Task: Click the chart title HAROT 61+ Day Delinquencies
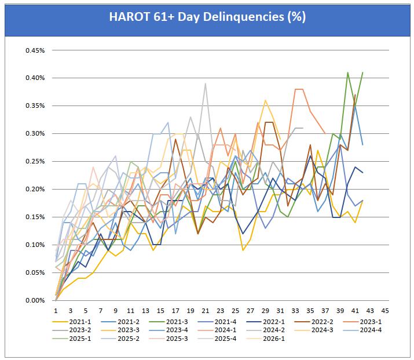[x=207, y=17]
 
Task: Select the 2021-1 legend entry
[x=72, y=322]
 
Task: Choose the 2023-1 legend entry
[x=362, y=322]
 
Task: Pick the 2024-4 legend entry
[x=362, y=330]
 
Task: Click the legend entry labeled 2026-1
[x=265, y=339]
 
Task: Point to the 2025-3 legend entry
[x=168, y=339]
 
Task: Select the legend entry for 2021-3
[x=168, y=322]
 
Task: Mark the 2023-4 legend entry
[x=168, y=330]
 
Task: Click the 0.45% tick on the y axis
[x=35, y=50]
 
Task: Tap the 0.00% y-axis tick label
[x=35, y=300]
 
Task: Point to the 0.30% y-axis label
[x=35, y=133]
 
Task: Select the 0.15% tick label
[x=35, y=217]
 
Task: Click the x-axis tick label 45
[x=385, y=311]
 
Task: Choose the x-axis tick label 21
[x=205, y=311]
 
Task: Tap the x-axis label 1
[x=56, y=311]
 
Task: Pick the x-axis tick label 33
[x=295, y=311]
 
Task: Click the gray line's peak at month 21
[x=205, y=83]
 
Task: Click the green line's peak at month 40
[x=348, y=72]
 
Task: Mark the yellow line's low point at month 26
[x=243, y=250]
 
